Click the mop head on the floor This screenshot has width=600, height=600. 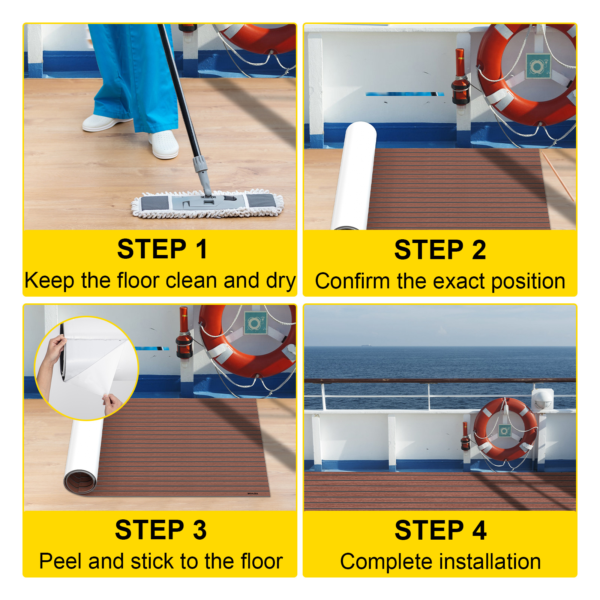(x=207, y=204)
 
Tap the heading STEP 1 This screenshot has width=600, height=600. (x=162, y=249)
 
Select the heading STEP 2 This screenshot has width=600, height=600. (x=440, y=250)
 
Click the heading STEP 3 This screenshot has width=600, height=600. (x=161, y=530)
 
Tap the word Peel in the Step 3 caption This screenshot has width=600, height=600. (x=61, y=561)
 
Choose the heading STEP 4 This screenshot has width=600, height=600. (x=440, y=530)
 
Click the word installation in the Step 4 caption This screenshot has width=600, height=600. (x=490, y=562)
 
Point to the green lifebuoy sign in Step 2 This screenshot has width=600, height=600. (x=538, y=66)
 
